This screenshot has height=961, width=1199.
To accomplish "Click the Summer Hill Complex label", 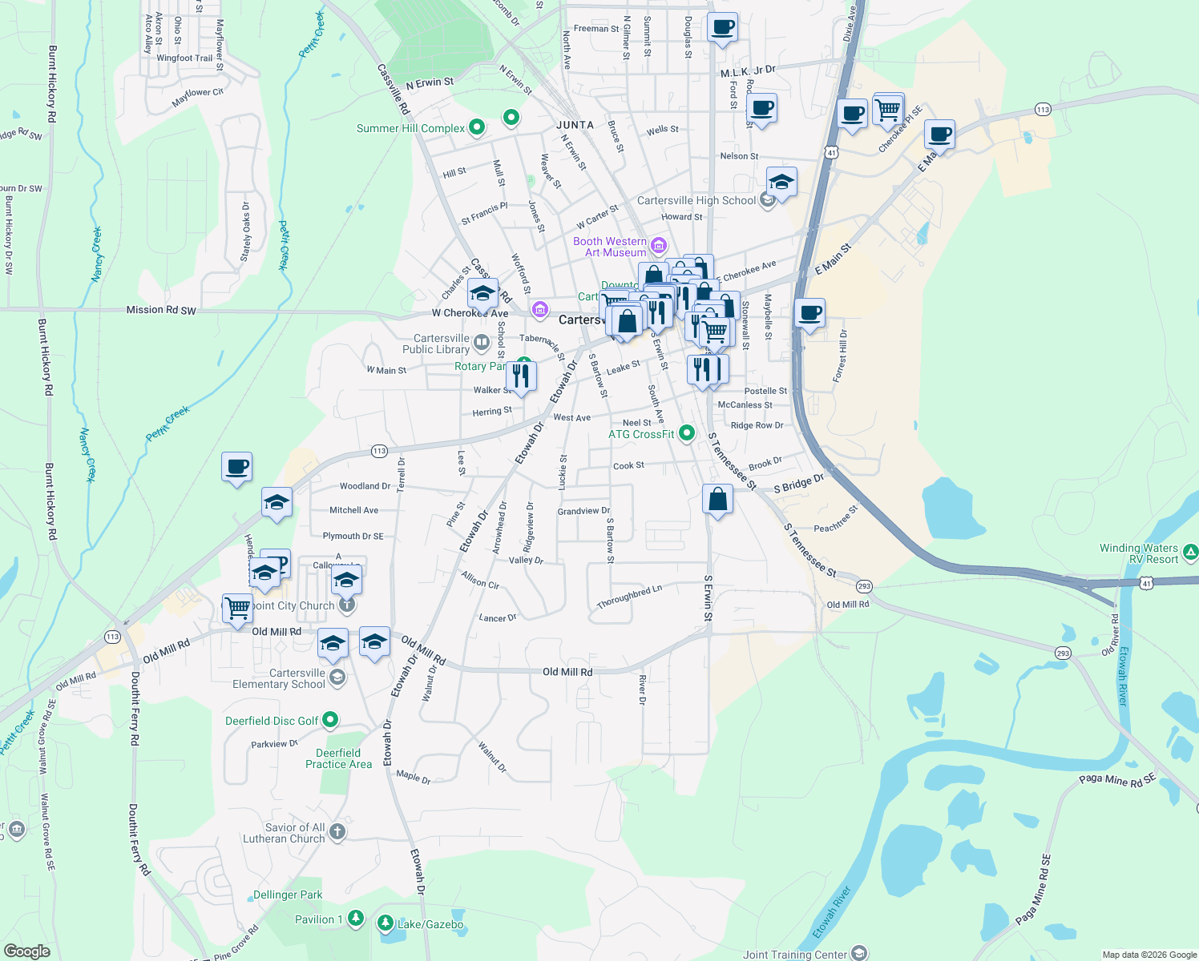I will click(410, 128).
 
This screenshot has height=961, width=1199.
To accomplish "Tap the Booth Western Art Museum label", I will click(610, 247).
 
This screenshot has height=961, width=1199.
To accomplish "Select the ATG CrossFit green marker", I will click(687, 433).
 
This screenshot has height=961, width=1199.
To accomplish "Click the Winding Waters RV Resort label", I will click(1138, 553).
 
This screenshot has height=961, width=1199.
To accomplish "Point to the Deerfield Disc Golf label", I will click(272, 721).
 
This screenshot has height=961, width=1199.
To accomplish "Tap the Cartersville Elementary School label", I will click(279, 678).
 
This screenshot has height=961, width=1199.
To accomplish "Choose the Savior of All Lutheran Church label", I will click(285, 833).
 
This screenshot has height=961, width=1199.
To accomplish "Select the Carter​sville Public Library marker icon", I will click(482, 344).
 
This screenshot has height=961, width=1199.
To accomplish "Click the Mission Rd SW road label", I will click(161, 310).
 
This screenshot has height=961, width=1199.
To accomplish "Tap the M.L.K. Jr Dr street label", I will click(748, 72).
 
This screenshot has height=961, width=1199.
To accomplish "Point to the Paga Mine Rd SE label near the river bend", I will click(1116, 779).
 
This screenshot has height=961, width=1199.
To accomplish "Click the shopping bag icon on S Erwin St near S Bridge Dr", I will click(717, 500).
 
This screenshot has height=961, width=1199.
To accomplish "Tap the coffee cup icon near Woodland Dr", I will click(237, 466).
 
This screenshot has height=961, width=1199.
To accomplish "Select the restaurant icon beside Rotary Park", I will click(522, 376).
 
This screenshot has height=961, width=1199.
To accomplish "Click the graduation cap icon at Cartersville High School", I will click(781, 183).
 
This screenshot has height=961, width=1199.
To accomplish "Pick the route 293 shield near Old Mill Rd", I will click(864, 586).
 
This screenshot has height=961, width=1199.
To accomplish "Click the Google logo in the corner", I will click(27, 951).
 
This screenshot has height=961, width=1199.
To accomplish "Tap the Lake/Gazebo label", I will click(430, 924).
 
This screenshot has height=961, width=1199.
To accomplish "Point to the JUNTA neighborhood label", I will click(575, 125).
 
